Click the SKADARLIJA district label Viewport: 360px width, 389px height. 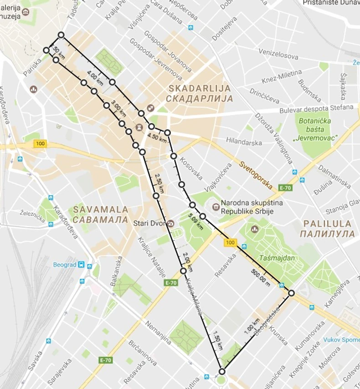point(200,93)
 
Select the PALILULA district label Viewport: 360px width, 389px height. point(327,228)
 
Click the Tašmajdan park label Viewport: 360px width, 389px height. point(277,258)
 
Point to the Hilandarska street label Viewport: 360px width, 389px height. point(244,142)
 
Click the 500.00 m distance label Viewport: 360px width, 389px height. point(260,277)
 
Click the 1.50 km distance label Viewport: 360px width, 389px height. point(218,340)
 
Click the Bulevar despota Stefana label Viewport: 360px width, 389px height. point(323,108)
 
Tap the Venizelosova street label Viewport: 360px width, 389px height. point(278,55)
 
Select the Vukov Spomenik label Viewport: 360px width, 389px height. point(341,340)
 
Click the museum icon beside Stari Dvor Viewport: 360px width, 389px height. point(170,223)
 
